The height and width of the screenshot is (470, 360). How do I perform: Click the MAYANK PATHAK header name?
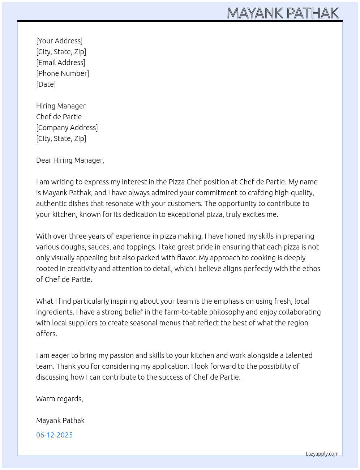tap(283, 13)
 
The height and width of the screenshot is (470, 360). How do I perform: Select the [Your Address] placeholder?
tap(59, 41)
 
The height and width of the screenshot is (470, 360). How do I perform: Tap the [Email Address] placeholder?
tap(61, 63)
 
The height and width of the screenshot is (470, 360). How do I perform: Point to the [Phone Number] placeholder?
tap(63, 73)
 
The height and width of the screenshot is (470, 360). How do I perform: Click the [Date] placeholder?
tap(46, 84)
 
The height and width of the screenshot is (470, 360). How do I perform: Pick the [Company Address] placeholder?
tap(67, 128)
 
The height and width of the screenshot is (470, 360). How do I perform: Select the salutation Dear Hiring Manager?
tap(70, 160)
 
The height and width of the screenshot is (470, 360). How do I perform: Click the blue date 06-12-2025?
tap(54, 435)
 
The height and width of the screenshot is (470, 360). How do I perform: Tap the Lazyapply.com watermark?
tap(322, 454)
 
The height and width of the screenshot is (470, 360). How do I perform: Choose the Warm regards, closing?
tap(60, 399)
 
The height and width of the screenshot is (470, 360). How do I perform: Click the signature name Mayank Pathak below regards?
tap(60, 420)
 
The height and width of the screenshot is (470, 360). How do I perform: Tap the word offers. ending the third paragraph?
tap(47, 334)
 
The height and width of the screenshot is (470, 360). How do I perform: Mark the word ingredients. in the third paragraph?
tap(55, 312)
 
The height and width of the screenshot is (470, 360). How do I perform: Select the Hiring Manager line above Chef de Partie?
tap(61, 106)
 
